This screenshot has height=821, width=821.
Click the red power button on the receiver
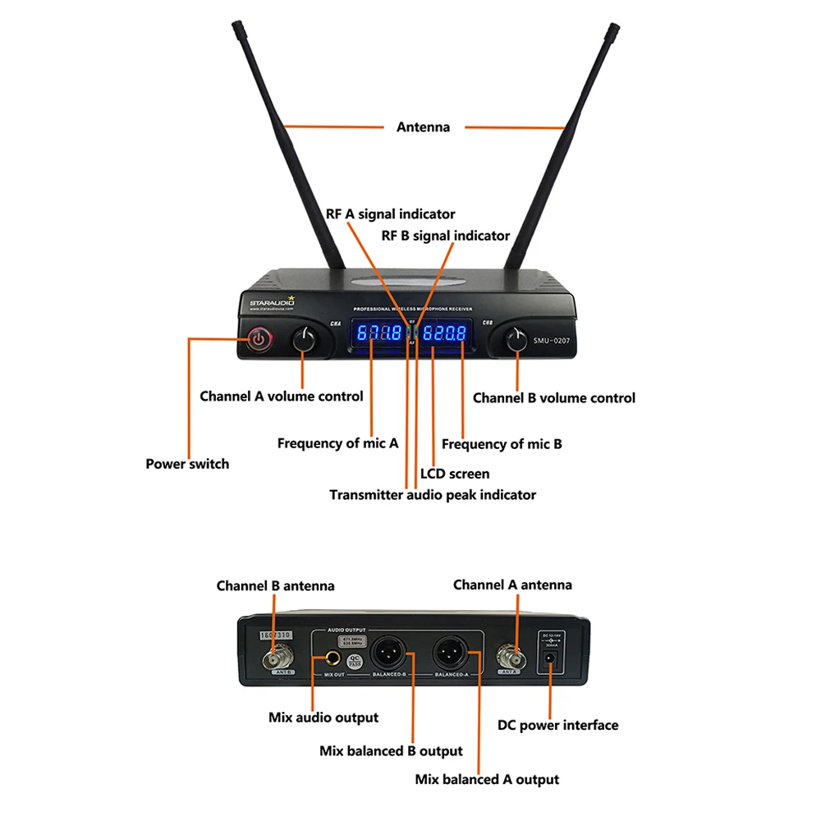tap(259, 338)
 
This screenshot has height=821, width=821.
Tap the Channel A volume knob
tap(305, 339)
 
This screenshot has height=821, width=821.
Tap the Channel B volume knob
tap(516, 340)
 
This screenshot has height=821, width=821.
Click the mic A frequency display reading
tap(378, 333)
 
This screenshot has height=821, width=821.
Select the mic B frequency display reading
tap(444, 333)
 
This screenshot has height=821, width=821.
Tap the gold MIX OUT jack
tap(334, 658)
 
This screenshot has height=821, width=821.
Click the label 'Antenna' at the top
tap(423, 127)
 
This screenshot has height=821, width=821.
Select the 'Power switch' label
tap(187, 464)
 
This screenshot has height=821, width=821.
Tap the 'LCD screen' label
tap(454, 474)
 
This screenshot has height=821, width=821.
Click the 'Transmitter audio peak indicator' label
tap(432, 495)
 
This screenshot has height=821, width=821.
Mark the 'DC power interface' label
tap(557, 725)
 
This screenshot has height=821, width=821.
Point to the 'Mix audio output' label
tap(323, 718)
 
